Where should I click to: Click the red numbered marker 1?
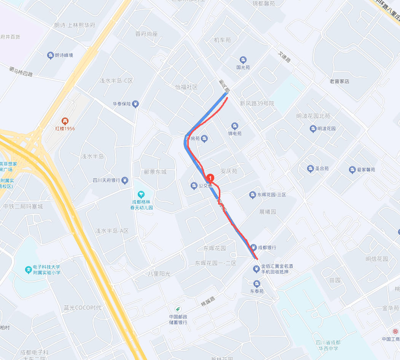click(x=210, y=177)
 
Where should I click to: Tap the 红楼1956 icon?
click(x=65, y=121)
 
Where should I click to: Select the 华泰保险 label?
click(x=121, y=104)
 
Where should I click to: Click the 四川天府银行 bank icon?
click(x=125, y=181)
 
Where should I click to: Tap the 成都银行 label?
click(x=267, y=247)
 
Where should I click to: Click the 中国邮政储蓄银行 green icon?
click(x=177, y=308)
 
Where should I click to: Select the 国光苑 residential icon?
click(x=243, y=60)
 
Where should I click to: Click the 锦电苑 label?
click(x=235, y=133)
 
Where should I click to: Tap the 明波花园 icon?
click(x=313, y=128)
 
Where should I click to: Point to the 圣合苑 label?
click(x=322, y=168)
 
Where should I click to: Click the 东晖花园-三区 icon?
click(x=252, y=195)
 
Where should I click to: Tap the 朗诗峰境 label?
click(x=64, y=56)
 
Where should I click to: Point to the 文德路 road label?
click(x=284, y=58)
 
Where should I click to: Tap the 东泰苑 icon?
click(x=257, y=284)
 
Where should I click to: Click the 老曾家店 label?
click(x=339, y=81)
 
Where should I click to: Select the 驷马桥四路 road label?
click(x=21, y=71)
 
